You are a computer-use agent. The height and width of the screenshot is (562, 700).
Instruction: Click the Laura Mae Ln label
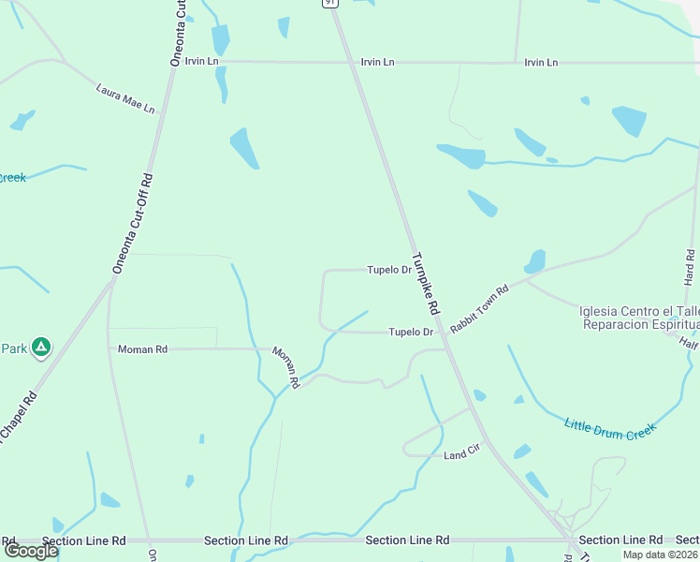125,98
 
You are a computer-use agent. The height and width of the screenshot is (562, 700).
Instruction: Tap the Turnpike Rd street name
425,284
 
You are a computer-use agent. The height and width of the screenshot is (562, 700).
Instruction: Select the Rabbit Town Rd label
478,308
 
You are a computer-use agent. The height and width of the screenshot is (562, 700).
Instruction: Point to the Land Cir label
461,455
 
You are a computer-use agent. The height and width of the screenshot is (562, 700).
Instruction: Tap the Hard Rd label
690,267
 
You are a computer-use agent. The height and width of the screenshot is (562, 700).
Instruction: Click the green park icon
40,348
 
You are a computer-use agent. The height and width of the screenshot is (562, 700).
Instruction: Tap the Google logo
30,551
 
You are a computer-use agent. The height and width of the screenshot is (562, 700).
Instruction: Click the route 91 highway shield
329,3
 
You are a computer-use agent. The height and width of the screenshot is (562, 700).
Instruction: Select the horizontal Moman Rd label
142,349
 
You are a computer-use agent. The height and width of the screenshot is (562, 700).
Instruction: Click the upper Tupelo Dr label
389,270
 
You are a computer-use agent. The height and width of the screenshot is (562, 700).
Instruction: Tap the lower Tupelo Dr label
411,332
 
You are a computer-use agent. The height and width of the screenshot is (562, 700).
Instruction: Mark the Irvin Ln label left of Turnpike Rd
201,61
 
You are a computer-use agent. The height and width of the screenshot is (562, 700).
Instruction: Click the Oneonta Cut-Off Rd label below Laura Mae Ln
133,223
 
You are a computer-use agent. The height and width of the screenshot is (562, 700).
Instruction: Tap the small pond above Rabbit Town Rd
535,260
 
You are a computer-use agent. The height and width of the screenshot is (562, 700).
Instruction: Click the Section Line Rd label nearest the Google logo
84,540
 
